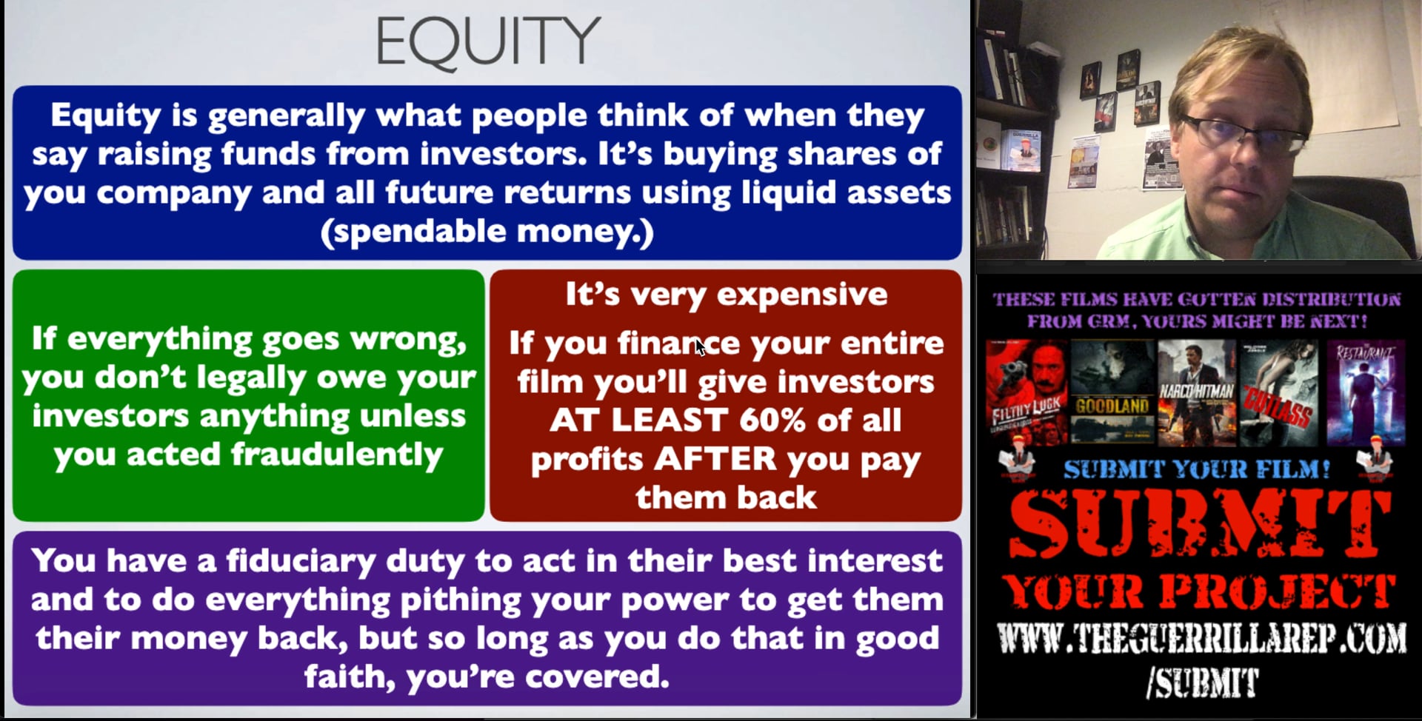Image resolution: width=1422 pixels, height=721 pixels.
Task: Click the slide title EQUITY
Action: (x=487, y=41)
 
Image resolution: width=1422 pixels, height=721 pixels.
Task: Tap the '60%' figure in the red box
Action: (x=771, y=420)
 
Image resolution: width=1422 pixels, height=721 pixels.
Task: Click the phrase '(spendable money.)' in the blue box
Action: (x=487, y=231)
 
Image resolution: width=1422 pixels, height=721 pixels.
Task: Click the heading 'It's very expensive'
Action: (x=726, y=295)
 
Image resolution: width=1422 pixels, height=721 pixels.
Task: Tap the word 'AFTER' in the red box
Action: (x=715, y=459)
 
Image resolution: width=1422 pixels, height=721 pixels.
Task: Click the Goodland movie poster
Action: (x=1112, y=392)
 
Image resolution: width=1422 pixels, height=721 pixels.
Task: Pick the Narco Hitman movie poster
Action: (x=1196, y=392)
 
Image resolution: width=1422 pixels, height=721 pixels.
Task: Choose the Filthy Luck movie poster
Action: (x=1027, y=392)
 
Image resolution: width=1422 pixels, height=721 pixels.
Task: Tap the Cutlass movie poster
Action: (x=1278, y=392)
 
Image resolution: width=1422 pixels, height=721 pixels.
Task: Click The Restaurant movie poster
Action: (x=1364, y=392)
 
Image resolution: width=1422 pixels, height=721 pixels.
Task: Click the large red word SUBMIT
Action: (x=1200, y=524)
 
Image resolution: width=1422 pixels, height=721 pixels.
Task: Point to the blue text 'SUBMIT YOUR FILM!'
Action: (x=1197, y=469)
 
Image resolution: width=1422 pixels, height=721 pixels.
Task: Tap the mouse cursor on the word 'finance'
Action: (x=699, y=346)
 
